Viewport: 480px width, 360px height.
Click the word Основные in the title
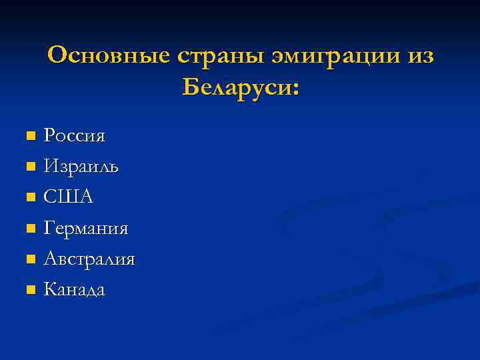tap(109, 56)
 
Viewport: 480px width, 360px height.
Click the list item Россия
tap(74, 137)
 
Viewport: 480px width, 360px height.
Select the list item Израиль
tap(81, 167)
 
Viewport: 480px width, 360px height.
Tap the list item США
tap(69, 197)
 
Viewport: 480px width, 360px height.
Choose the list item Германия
tap(86, 229)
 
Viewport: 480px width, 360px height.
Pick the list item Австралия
tap(89, 259)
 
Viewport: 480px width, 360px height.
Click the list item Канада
tap(74, 289)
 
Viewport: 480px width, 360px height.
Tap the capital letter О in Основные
tap(58, 56)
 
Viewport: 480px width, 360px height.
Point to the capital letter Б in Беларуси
tap(189, 87)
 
